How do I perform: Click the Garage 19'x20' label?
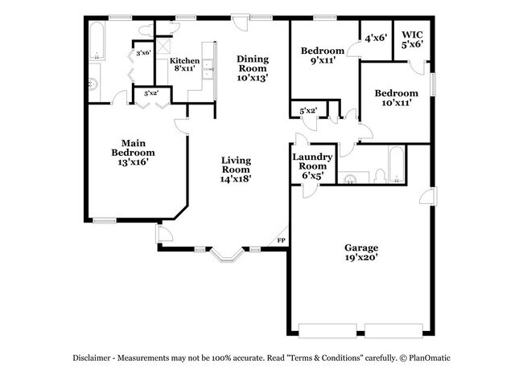click(x=361, y=253)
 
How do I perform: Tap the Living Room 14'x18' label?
click(x=237, y=170)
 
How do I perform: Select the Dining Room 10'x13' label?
click(x=252, y=68)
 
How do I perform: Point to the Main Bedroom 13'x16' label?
click(x=133, y=152)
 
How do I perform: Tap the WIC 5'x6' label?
click(x=412, y=40)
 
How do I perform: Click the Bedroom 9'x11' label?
click(x=322, y=56)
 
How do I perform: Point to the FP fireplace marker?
click(x=281, y=240)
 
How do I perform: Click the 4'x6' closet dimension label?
click(x=376, y=38)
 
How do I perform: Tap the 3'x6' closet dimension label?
click(x=143, y=54)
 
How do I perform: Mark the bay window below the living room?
click(x=225, y=255)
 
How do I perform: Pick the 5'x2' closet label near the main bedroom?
click(x=150, y=94)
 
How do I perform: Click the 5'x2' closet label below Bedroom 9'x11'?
click(x=307, y=110)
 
